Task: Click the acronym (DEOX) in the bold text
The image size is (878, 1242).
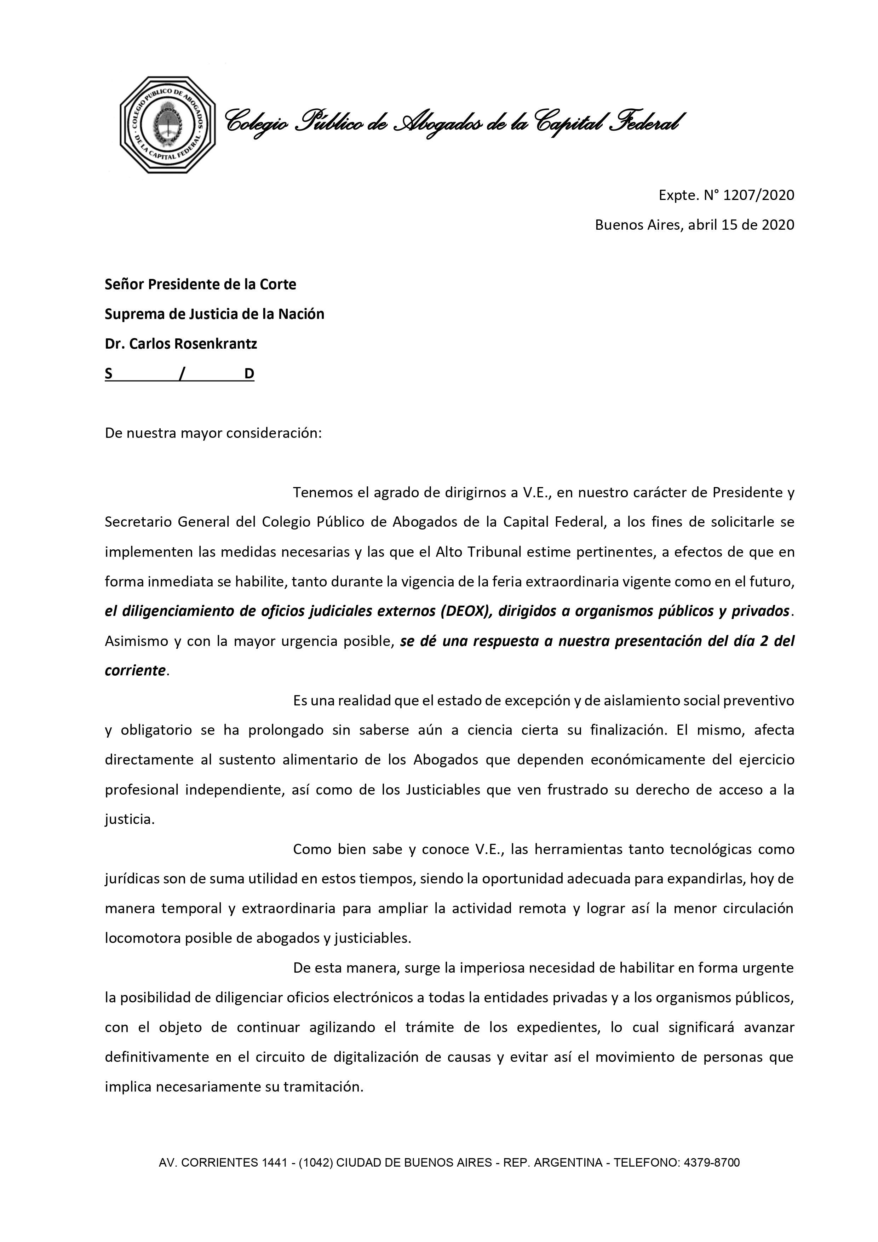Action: [x=466, y=611]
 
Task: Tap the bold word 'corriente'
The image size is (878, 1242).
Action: [x=135, y=671]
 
